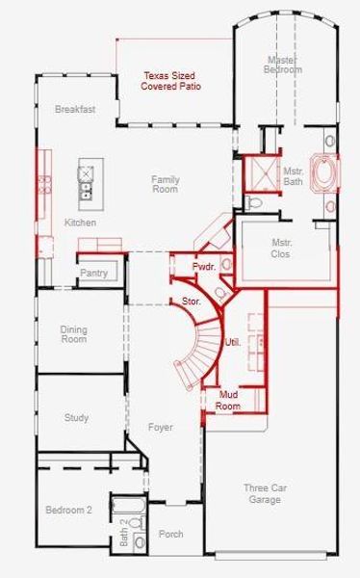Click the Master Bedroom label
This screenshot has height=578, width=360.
coord(285,65)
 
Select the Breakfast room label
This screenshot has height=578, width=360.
coord(75,110)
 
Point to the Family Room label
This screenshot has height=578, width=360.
coord(166,184)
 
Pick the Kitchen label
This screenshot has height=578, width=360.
coord(80,223)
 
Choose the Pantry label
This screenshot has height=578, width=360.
coord(93,274)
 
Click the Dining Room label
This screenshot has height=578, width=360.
coord(74,334)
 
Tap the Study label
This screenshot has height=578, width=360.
coord(77,418)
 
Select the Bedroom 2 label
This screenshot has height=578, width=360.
coord(68,510)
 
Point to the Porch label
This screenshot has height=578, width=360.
coord(170,534)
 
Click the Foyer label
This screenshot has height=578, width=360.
coord(161,427)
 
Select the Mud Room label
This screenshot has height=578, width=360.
coord(228,401)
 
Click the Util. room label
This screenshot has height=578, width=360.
coord(232,342)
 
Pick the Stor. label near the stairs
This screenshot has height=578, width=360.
coord(192,302)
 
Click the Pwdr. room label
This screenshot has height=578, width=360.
coord(202,266)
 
